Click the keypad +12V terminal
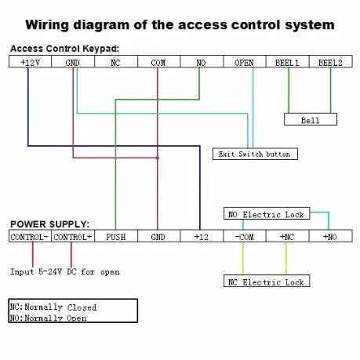click(x=31, y=62)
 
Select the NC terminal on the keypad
click(x=116, y=62)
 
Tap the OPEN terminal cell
click(x=245, y=62)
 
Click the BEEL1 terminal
click(x=288, y=62)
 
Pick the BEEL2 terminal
click(x=331, y=62)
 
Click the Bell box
click(x=311, y=119)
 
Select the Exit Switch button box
click(x=255, y=154)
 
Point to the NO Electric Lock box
click(x=267, y=213)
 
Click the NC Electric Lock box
click(x=267, y=281)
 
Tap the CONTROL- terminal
click(x=30, y=236)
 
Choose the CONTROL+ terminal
click(x=73, y=236)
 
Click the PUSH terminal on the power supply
click(x=116, y=236)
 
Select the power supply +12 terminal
click(x=202, y=236)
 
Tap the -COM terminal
click(x=245, y=236)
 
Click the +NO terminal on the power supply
click(x=331, y=236)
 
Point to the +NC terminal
click(x=288, y=236)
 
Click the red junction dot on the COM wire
click(x=158, y=158)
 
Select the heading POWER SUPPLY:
click(x=49, y=224)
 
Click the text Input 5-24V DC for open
click(x=65, y=272)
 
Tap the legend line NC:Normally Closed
click(x=53, y=307)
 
